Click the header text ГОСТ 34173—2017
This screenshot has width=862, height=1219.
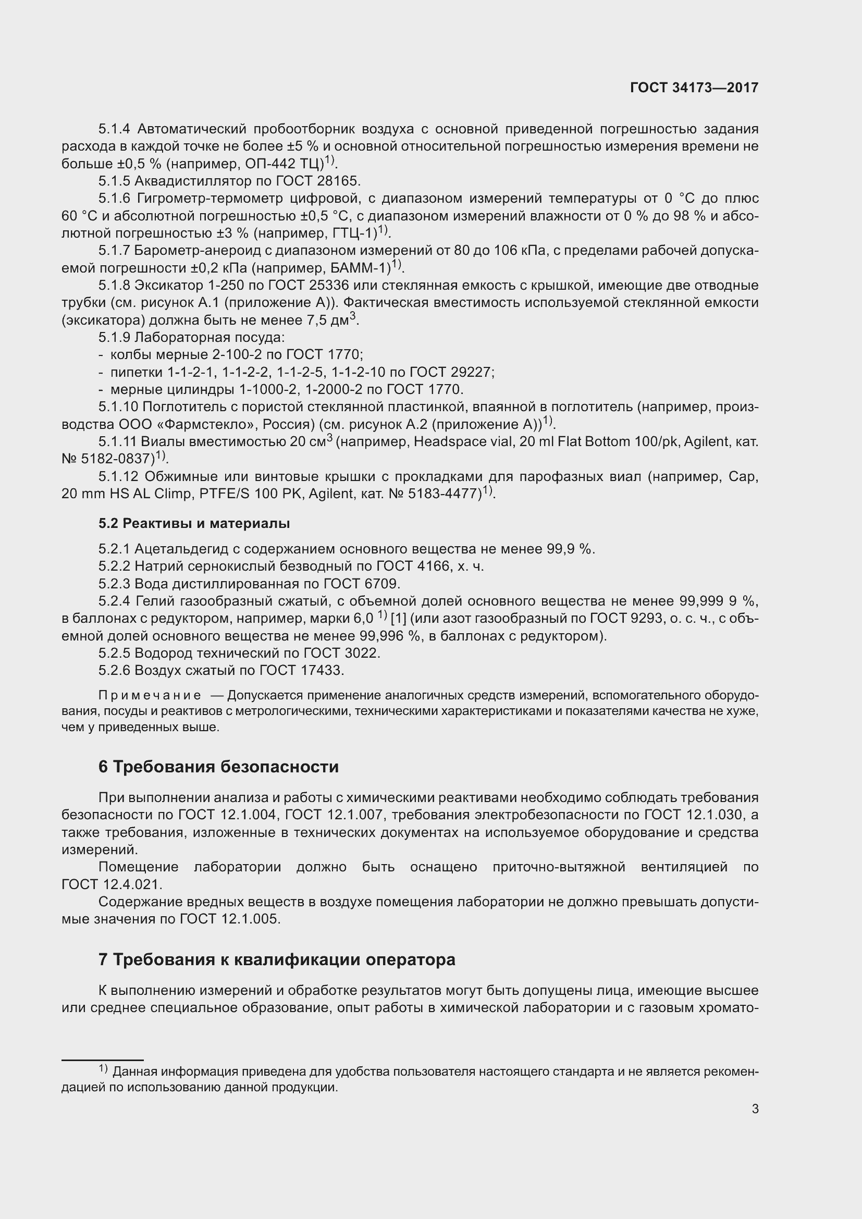click(694, 88)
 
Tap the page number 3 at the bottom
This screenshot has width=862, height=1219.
click(755, 1109)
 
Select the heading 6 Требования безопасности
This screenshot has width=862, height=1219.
click(218, 767)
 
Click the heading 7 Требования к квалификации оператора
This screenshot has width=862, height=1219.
click(277, 960)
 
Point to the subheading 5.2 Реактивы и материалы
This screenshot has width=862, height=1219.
click(194, 523)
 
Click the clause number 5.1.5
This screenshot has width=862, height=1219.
click(114, 181)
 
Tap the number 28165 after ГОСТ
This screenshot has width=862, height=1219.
click(340, 181)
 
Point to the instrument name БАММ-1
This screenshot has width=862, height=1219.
click(363, 267)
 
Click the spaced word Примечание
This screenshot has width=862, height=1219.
click(150, 696)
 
